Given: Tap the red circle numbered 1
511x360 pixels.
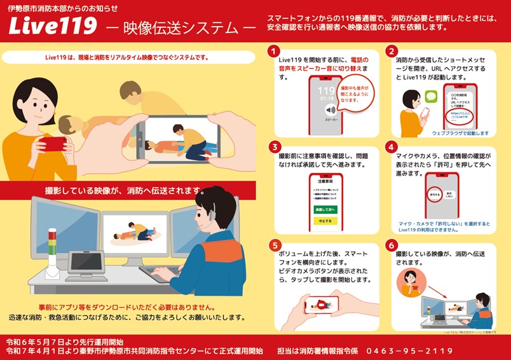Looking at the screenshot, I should click(274, 51).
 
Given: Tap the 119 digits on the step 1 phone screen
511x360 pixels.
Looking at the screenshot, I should click(326, 91).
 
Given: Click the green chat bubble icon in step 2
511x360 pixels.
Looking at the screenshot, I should click(432, 97).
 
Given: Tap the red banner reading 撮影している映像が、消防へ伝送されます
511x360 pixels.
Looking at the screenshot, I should click(127, 190).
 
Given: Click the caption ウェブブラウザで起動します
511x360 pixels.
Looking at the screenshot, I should click(460, 134).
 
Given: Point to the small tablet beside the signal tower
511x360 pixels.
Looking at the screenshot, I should click(86, 261).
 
